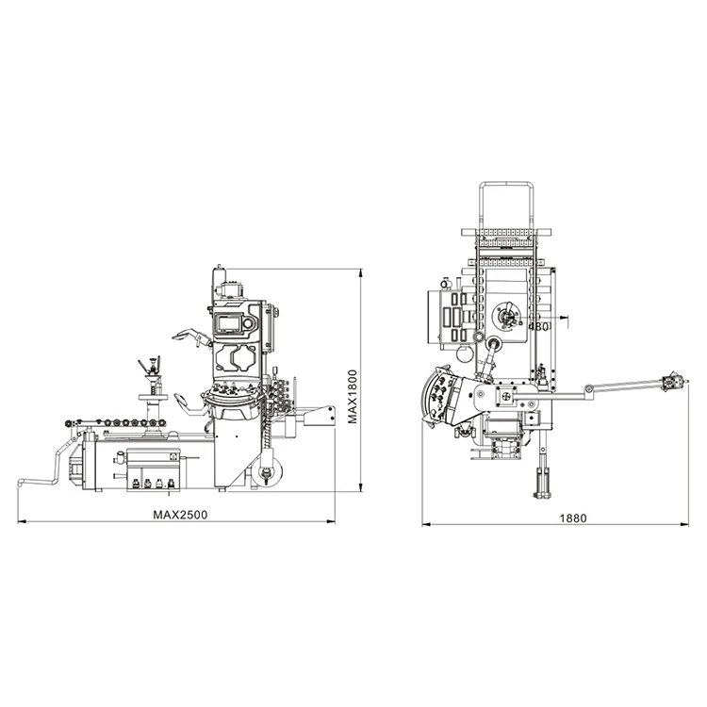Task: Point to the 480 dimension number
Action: coord(538,326)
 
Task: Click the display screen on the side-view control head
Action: coord(230,323)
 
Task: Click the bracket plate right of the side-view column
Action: coord(321,416)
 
